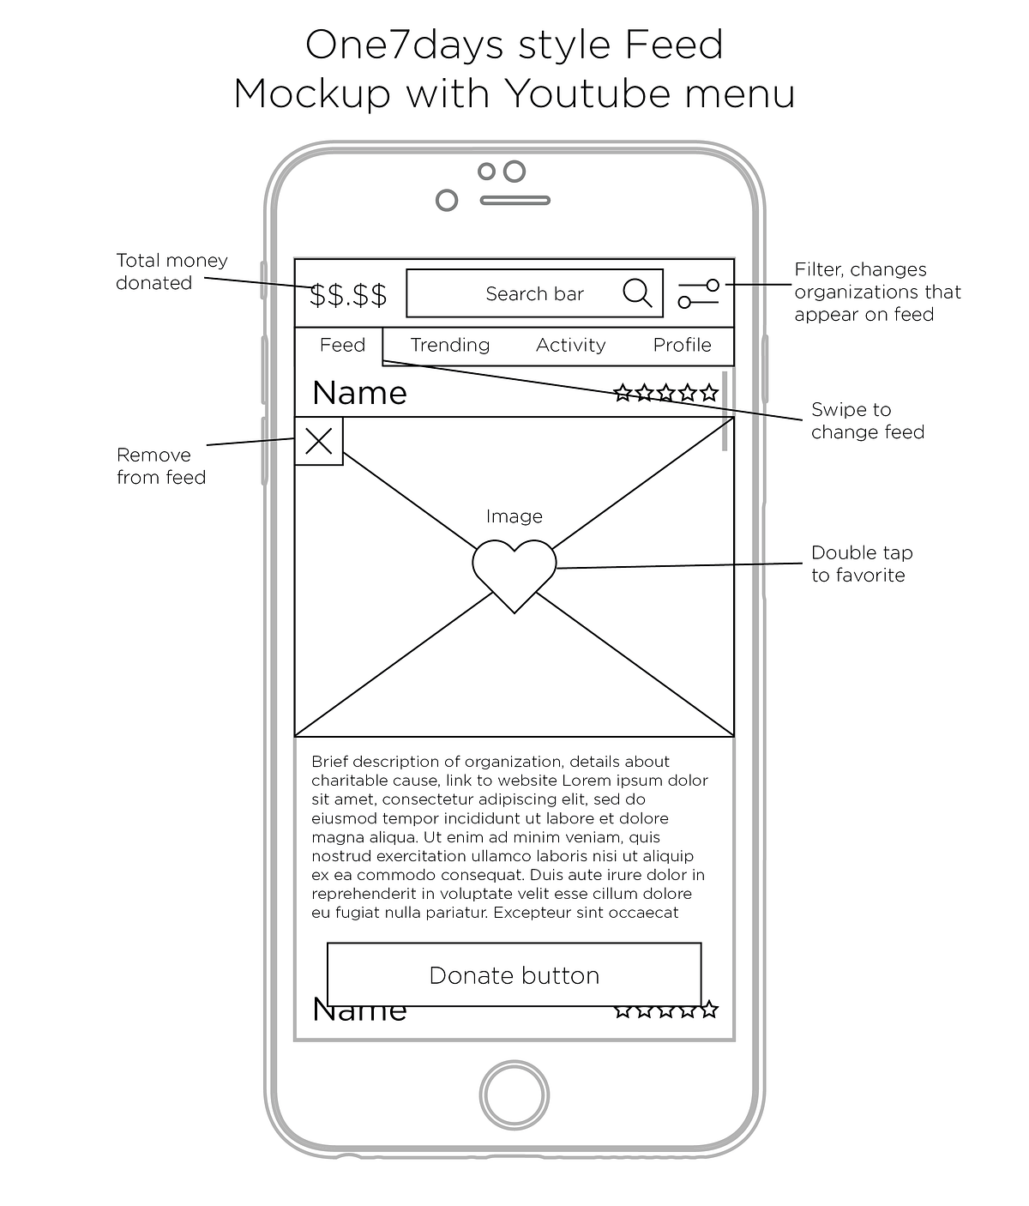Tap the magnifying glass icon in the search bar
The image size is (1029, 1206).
[637, 293]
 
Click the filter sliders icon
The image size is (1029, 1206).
[698, 293]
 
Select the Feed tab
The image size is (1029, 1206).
[342, 345]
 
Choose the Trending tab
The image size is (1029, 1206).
[450, 345]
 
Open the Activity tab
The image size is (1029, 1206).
[570, 345]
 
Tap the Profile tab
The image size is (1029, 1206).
[682, 345]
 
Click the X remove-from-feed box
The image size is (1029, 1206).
[319, 442]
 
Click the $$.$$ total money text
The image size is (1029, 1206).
[348, 294]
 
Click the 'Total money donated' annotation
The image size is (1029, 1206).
[171, 272]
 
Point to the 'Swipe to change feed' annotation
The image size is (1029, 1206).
[867, 420]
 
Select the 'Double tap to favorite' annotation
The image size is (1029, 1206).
[861, 564]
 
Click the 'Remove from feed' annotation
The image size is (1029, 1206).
[161, 466]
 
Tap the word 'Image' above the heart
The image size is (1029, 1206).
[514, 516]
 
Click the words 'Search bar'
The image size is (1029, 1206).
[534, 294]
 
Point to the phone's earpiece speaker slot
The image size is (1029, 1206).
[514, 201]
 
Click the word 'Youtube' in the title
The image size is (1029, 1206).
[579, 93]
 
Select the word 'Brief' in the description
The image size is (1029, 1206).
[330, 762]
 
